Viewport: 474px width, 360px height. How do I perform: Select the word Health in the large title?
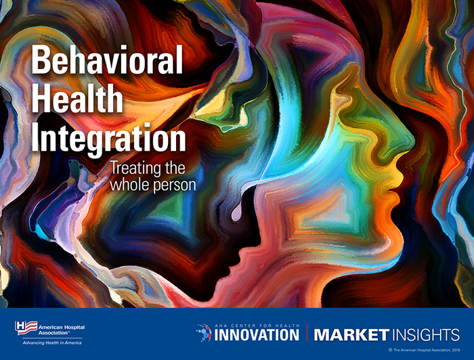pyautogui.click(x=77, y=101)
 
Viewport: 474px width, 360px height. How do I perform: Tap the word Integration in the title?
pyautogui.click(x=108, y=138)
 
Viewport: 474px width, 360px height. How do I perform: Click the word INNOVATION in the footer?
pyautogui.click(x=257, y=334)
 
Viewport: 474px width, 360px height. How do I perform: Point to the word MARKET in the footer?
pyautogui.click(x=351, y=334)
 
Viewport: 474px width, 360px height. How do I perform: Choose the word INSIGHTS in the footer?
pyautogui.click(x=425, y=334)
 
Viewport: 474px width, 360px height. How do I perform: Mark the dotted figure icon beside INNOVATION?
pyautogui.click(x=203, y=332)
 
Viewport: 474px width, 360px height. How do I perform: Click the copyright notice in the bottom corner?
pyautogui.click(x=424, y=350)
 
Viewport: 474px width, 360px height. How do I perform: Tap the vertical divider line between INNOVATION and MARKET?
pyautogui.click(x=306, y=333)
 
